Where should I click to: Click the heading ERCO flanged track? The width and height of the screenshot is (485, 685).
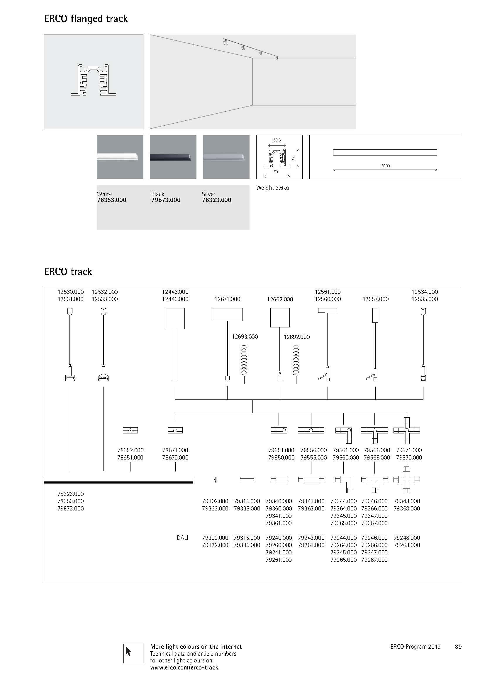pyautogui.click(x=86, y=19)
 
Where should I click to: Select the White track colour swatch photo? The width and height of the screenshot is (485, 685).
pyautogui.click(x=120, y=157)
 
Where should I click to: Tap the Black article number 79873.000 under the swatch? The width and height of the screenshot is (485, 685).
pyautogui.click(x=166, y=200)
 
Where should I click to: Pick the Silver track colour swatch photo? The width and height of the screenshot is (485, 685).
pyautogui.click(x=226, y=157)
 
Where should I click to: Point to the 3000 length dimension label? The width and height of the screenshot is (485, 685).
pyautogui.click(x=385, y=166)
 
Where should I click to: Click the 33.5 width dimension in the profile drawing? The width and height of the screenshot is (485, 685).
pyautogui.click(x=277, y=140)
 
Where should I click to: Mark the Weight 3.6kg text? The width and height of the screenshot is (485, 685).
pyautogui.click(x=272, y=188)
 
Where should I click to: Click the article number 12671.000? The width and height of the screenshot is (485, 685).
pyautogui.click(x=227, y=299)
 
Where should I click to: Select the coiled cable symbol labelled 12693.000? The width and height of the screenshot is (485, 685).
pyautogui.click(x=244, y=361)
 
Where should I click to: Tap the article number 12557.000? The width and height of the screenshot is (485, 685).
pyautogui.click(x=375, y=299)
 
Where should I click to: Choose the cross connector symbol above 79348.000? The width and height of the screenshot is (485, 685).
pyautogui.click(x=406, y=480)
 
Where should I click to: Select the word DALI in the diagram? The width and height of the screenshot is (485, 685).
pyautogui.click(x=182, y=538)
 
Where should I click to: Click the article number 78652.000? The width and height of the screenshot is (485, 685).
pyautogui.click(x=130, y=450)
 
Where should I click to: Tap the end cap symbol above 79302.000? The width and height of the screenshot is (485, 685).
pyautogui.click(x=215, y=480)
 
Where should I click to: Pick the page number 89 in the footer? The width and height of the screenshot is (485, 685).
pyautogui.click(x=458, y=647)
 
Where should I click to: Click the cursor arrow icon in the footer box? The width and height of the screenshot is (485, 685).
pyautogui.click(x=129, y=651)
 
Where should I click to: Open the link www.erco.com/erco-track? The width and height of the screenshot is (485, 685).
pyautogui.click(x=184, y=667)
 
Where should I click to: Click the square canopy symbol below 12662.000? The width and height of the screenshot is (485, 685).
pyautogui.click(x=280, y=318)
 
